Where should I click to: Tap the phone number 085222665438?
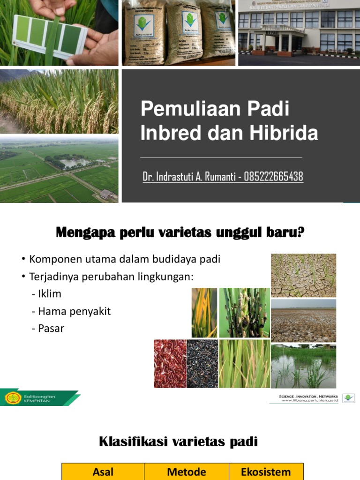(273, 177)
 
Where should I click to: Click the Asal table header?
(103, 472)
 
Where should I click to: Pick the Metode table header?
(186, 472)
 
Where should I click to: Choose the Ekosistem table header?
(266, 472)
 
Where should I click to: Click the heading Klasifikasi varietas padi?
(178, 442)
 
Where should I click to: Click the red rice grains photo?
(170, 364)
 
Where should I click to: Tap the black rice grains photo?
(202, 364)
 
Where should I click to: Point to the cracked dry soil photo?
(303, 275)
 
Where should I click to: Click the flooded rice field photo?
(303, 367)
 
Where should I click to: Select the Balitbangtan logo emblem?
(13, 398)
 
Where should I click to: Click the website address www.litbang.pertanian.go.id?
(310, 402)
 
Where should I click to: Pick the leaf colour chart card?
(49, 37)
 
